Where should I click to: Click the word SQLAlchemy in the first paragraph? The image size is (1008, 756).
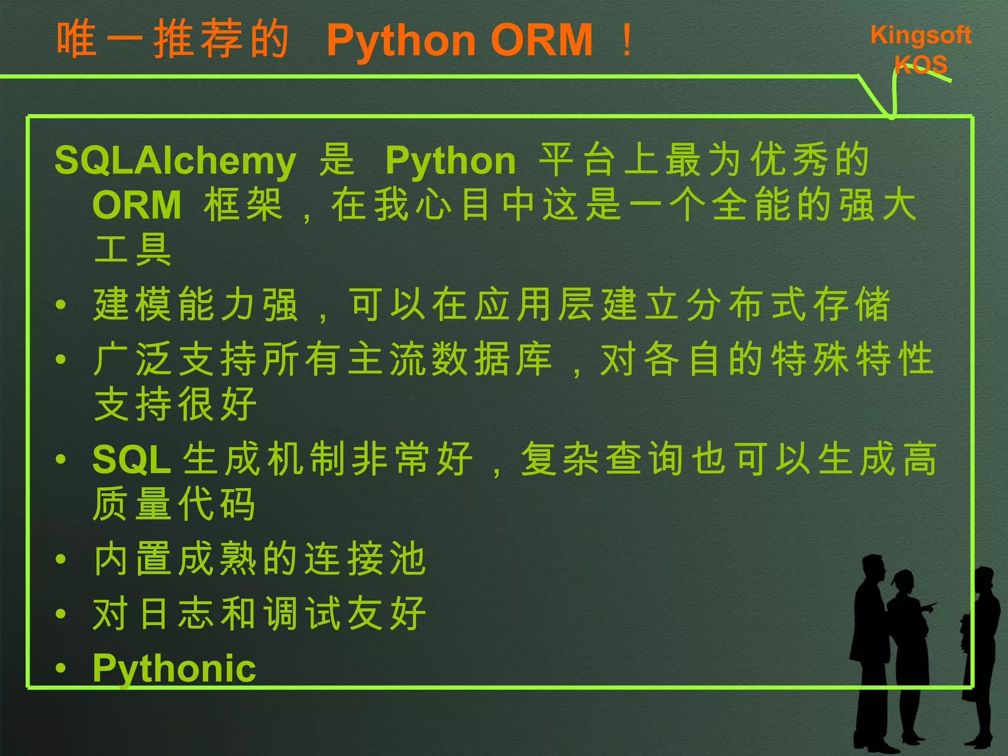175,161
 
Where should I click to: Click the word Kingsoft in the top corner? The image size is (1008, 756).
920,35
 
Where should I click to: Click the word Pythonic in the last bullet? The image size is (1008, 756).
174,668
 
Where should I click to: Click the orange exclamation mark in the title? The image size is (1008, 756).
627,40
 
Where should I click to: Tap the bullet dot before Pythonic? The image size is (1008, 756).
61,668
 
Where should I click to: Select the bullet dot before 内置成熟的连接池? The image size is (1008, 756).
61,559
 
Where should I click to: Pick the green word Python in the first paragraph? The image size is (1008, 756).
450,161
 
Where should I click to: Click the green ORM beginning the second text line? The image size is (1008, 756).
137,205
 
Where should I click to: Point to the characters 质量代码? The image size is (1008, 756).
174,504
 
